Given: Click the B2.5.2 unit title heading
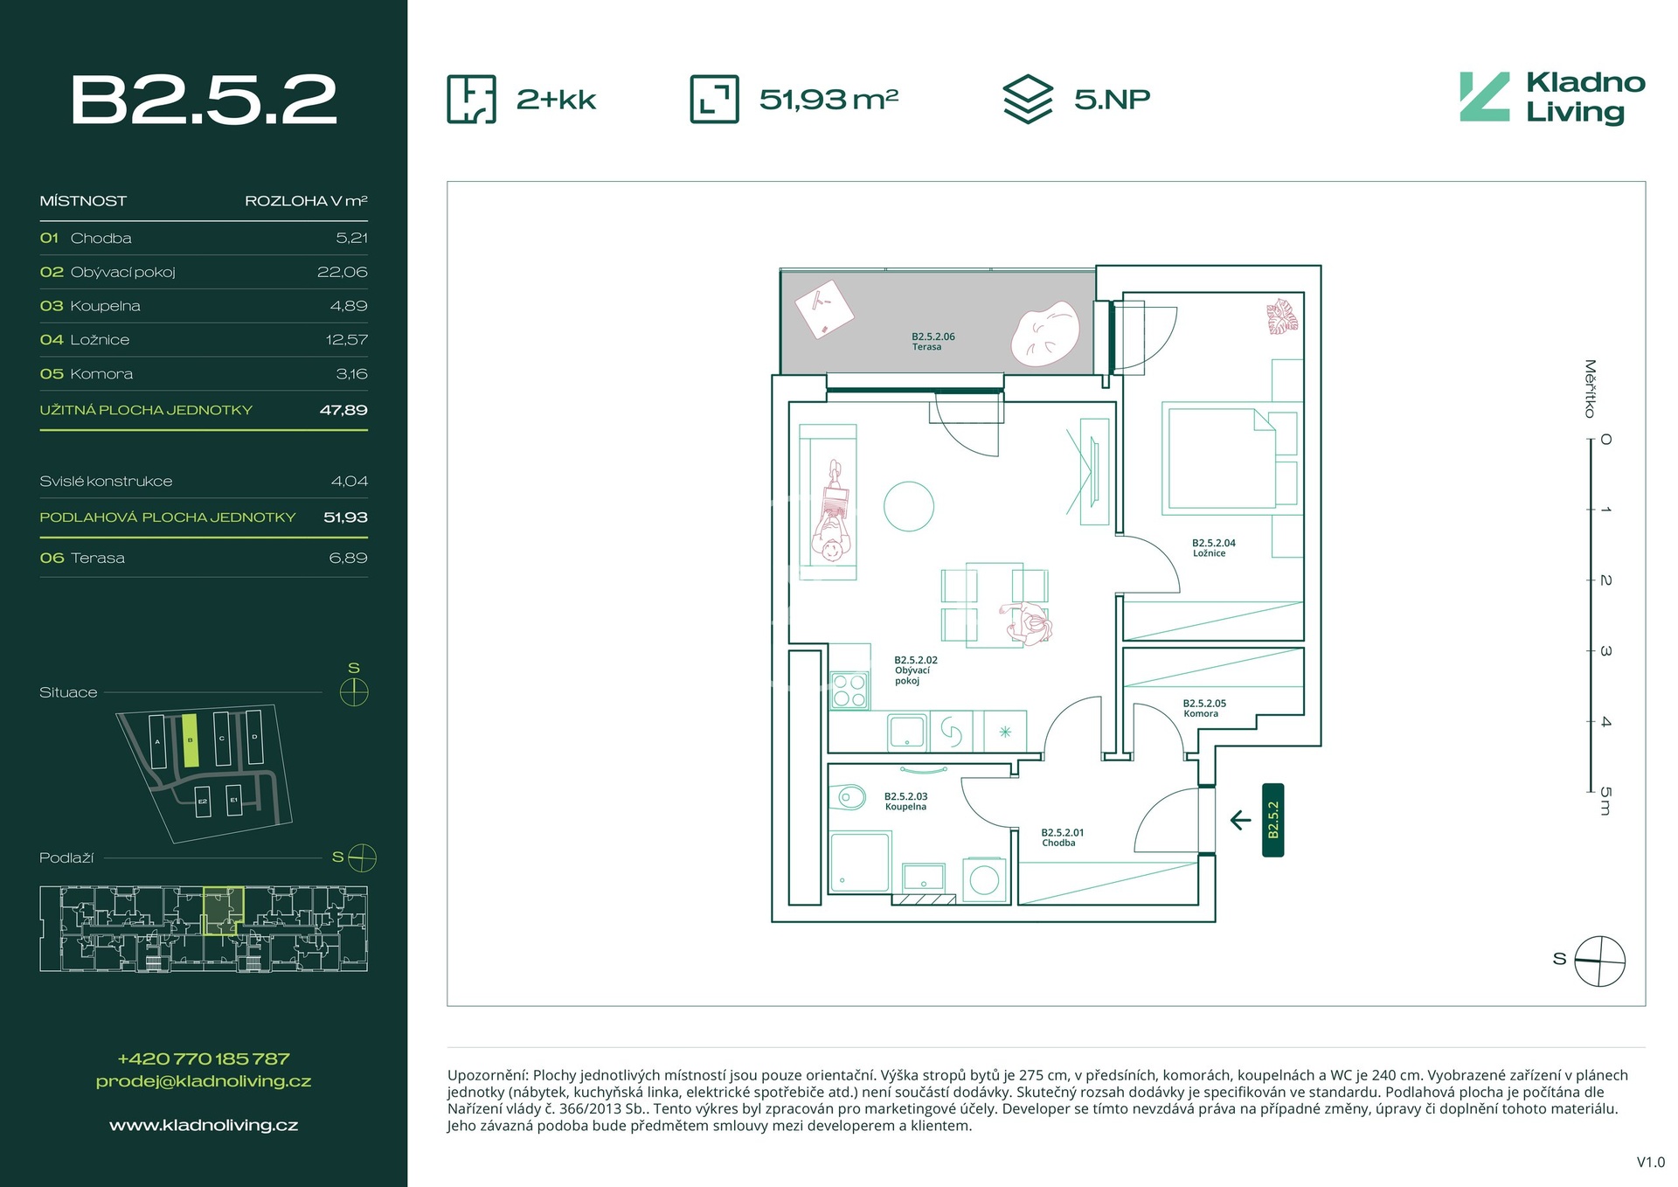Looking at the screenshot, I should coord(204,100).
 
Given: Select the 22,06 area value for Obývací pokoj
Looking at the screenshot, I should coord(342,272).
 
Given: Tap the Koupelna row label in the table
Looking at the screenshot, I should coord(105,306).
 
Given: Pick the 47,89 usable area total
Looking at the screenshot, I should coord(343,410).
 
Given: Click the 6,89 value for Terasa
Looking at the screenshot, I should coord(348,558).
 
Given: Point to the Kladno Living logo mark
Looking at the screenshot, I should coord(1484,97).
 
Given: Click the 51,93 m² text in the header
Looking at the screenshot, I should coord(828,100).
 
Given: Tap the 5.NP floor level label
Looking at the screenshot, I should coord(1111,100).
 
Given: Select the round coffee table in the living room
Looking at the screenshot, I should coord(908,506).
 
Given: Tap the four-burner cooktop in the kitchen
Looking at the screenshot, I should coord(849,690).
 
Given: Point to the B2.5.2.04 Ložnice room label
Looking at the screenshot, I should coord(1213,547).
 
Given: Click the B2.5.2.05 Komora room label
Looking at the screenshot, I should coord(1203,708).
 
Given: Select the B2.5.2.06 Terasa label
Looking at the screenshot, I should coord(933,341).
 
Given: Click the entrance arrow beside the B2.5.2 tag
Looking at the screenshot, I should coord(1240,820).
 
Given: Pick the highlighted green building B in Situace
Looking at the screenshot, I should coord(190,740).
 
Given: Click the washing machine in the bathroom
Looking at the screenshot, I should coord(984,879).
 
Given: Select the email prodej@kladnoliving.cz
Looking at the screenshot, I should coord(203,1081).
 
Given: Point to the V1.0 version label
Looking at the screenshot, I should coord(1650,1162).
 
